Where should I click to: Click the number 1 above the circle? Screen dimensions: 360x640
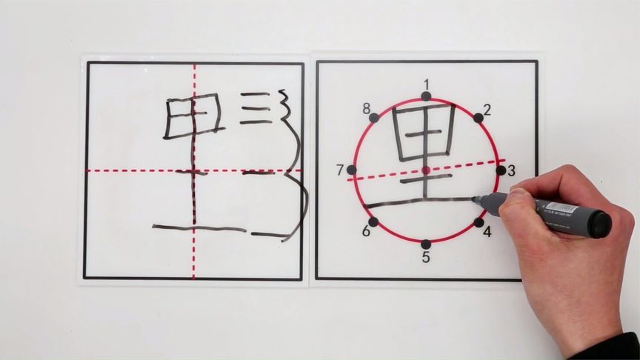click(x=426, y=83)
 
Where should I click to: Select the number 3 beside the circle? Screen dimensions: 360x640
click(x=511, y=170)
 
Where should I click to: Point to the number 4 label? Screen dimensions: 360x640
click(x=487, y=232)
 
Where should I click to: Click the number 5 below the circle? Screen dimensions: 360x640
click(x=426, y=258)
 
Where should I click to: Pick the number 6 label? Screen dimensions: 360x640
click(x=365, y=232)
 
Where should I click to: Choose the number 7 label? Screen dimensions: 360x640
click(x=340, y=170)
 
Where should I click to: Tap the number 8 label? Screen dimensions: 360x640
click(x=366, y=109)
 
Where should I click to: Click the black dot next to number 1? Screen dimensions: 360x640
click(x=426, y=96)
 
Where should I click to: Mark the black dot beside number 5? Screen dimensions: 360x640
click(x=426, y=244)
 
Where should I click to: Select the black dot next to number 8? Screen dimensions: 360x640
click(x=374, y=117)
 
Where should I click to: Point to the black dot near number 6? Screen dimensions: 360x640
click(x=373, y=221)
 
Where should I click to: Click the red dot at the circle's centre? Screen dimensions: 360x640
click(x=426, y=170)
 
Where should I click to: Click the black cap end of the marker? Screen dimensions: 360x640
click(x=599, y=223)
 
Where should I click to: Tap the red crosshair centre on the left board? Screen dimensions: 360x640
click(x=195, y=171)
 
